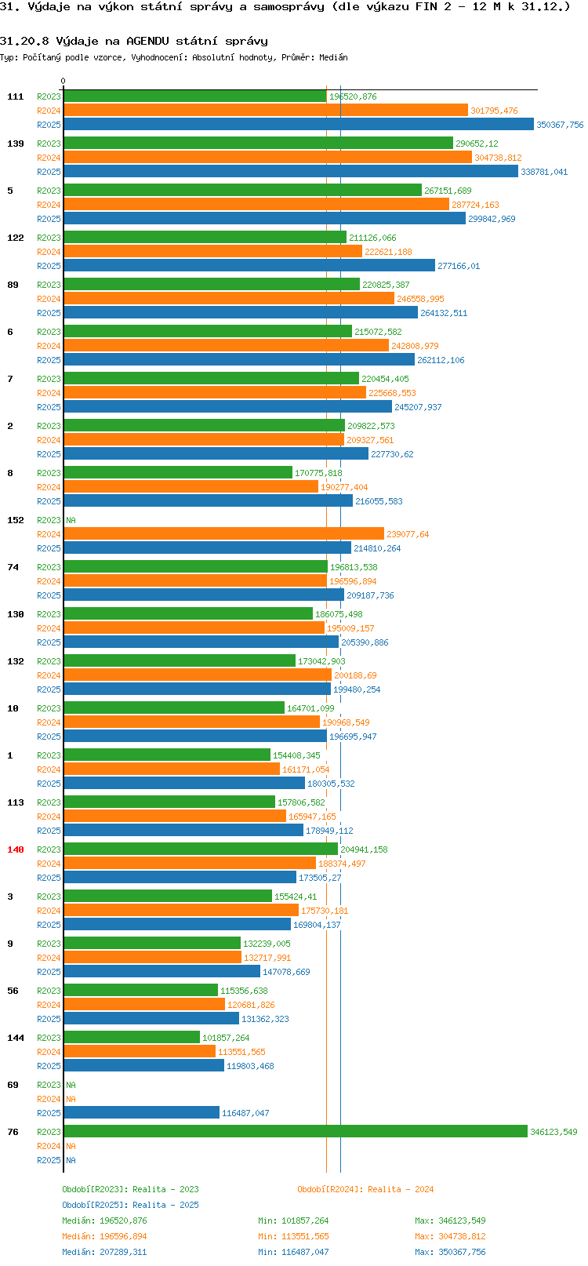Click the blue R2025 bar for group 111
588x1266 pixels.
(x=299, y=125)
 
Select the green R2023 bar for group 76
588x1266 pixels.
(x=296, y=1132)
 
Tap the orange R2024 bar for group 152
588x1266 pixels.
(x=223, y=533)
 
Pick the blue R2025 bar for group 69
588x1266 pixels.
(x=141, y=1112)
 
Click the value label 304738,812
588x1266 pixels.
(x=498, y=158)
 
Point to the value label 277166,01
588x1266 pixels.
(x=459, y=266)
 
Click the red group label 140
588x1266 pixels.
(x=15, y=849)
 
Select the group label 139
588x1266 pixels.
(x=15, y=144)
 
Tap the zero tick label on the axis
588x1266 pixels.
(x=63, y=81)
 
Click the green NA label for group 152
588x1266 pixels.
(x=71, y=520)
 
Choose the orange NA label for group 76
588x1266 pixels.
(x=71, y=1146)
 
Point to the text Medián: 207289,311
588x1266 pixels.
(x=104, y=1252)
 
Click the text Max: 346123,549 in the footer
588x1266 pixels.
(x=450, y=1221)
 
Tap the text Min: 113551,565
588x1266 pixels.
(x=293, y=1236)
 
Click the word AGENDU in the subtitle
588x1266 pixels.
(x=147, y=42)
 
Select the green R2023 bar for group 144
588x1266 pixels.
(x=132, y=1037)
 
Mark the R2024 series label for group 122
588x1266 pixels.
(x=49, y=252)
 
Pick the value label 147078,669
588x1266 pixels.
(x=286, y=972)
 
